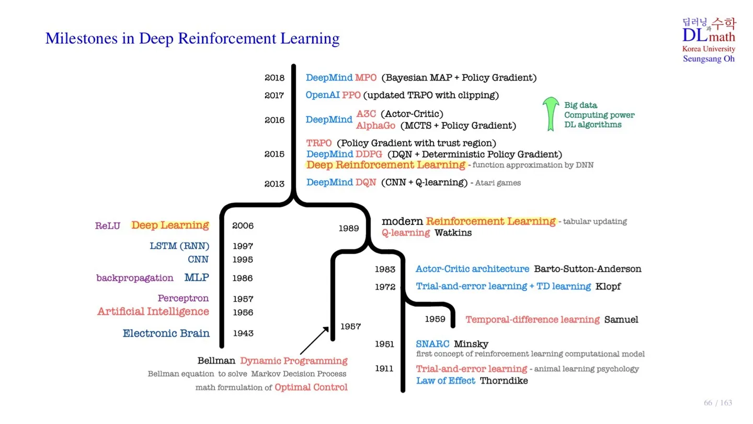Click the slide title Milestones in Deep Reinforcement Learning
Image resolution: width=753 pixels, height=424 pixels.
192,38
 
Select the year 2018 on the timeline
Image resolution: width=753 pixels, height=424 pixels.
275,78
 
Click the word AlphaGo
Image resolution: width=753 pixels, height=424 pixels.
375,126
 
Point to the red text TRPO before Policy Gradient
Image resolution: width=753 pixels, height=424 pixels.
319,143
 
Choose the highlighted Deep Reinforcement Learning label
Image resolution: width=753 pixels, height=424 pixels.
385,165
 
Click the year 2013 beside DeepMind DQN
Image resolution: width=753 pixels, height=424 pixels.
275,184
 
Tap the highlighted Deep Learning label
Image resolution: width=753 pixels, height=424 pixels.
170,225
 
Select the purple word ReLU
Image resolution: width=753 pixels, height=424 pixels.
108,226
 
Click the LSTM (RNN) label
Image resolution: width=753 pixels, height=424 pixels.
179,246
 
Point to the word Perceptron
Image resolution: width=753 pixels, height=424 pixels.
184,298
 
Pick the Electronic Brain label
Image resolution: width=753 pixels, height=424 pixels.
166,333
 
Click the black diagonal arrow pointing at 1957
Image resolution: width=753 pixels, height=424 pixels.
314,340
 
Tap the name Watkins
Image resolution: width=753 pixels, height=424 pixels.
453,233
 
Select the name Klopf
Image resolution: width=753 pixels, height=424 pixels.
608,286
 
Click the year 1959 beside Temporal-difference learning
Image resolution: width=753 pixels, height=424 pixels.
435,319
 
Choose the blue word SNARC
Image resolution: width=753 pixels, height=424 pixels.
432,344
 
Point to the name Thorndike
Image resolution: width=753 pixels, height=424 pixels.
504,381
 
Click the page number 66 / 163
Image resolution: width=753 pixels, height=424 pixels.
718,403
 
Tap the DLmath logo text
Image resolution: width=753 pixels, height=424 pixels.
709,36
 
